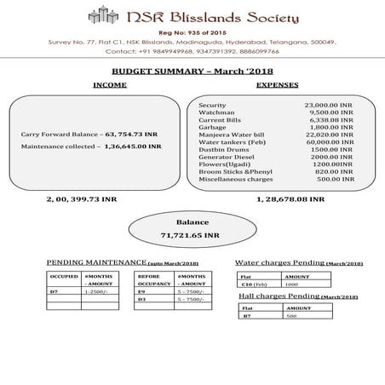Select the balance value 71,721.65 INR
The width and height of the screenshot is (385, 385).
pyautogui.click(x=192, y=233)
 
